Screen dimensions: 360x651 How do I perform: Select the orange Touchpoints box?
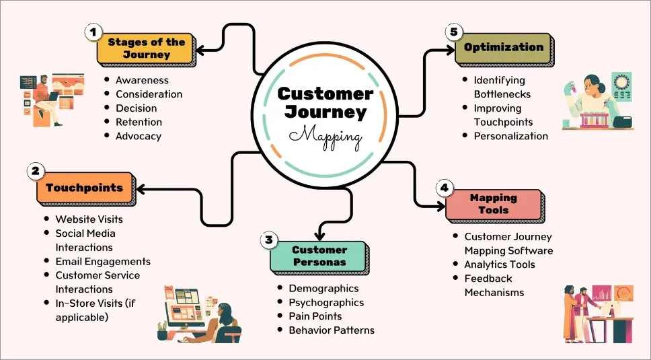pos(84,188)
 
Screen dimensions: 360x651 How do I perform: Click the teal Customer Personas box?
pos(319,256)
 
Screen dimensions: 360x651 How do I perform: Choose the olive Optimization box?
pos(503,48)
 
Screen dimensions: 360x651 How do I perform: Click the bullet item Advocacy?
pos(138,136)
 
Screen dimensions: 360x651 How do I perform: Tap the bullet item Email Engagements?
pos(103,261)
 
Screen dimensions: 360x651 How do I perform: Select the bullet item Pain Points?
pos(315,316)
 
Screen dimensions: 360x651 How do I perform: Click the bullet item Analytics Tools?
pos(500,264)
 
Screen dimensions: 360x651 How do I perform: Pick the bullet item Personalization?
pos(511,136)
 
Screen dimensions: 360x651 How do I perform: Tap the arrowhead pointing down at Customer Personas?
pos(320,235)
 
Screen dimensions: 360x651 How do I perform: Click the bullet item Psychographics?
pos(326,302)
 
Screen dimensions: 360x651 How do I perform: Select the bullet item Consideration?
pos(149,94)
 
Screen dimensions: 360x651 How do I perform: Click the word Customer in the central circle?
pos(325,94)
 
